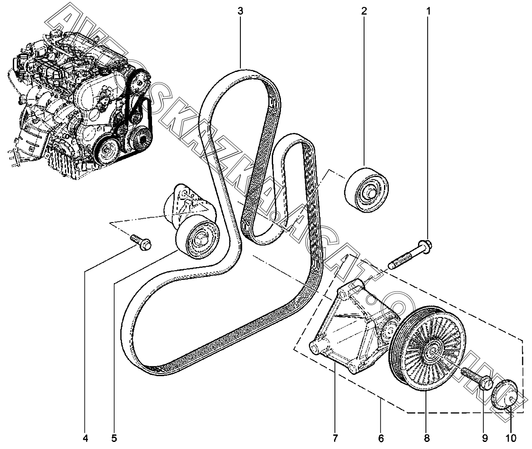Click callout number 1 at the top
(428, 11)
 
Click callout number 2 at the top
(364, 11)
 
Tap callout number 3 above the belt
(240, 11)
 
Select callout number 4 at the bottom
(85, 438)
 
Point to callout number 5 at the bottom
(114, 438)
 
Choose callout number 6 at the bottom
(380, 438)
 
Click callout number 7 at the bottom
(335, 438)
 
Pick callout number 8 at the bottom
(426, 438)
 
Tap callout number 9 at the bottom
(485, 438)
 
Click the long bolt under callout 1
(410, 255)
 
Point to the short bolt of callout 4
(141, 242)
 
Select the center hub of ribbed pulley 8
(431, 352)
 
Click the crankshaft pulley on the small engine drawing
(106, 151)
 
